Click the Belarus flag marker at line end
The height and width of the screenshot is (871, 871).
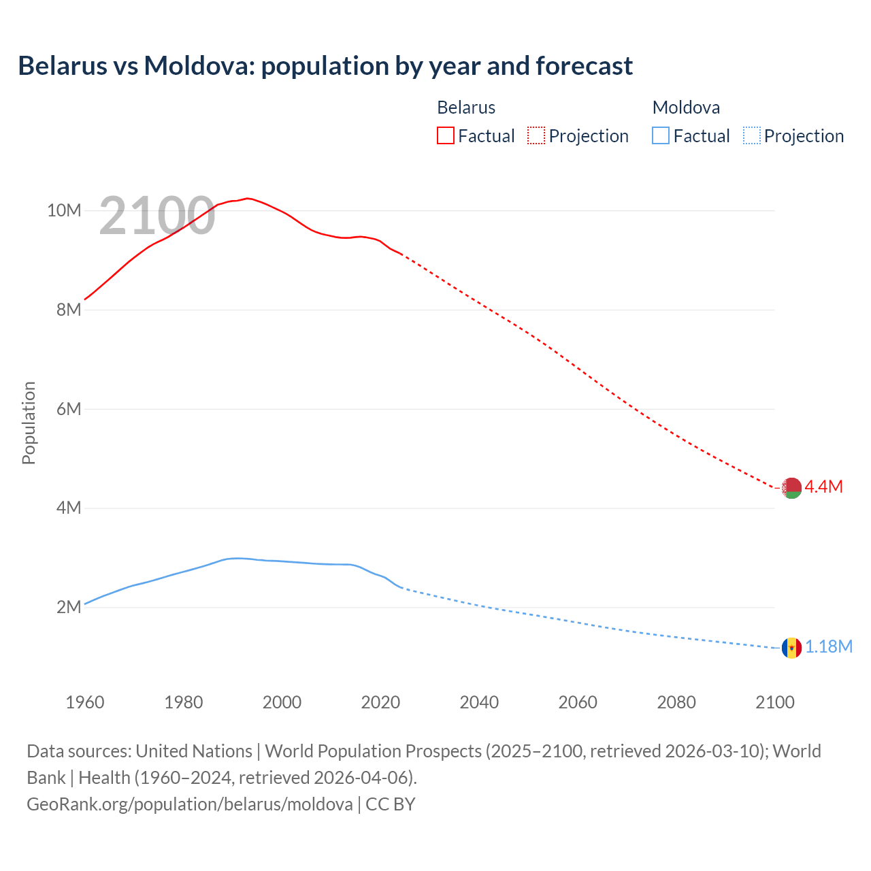[x=791, y=488]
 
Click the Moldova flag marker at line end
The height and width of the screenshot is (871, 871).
[x=791, y=648]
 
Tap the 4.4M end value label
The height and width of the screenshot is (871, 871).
[x=823, y=487]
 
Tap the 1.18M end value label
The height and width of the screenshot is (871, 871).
[x=829, y=646]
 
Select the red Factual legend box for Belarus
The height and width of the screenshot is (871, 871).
[x=446, y=135]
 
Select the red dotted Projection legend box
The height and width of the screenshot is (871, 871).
[x=536, y=135]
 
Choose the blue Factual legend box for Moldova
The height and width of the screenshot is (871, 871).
[x=661, y=135]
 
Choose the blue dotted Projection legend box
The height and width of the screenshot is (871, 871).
[x=752, y=135]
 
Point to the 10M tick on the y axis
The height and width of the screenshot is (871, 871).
[x=64, y=211]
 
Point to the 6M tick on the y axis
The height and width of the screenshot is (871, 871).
[x=69, y=409]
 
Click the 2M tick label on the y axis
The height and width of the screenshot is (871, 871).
[x=69, y=607]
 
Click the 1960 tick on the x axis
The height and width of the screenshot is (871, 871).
[x=85, y=702]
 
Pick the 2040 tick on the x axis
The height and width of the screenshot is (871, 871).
[x=479, y=702]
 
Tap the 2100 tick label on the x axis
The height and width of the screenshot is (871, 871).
[x=775, y=702]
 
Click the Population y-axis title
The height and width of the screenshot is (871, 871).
[x=29, y=423]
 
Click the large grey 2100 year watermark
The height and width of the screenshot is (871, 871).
[x=157, y=216]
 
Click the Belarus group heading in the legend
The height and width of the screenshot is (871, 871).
[x=466, y=108]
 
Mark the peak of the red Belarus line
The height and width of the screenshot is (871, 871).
[x=248, y=198]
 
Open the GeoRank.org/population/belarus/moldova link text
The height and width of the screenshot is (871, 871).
[x=190, y=804]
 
